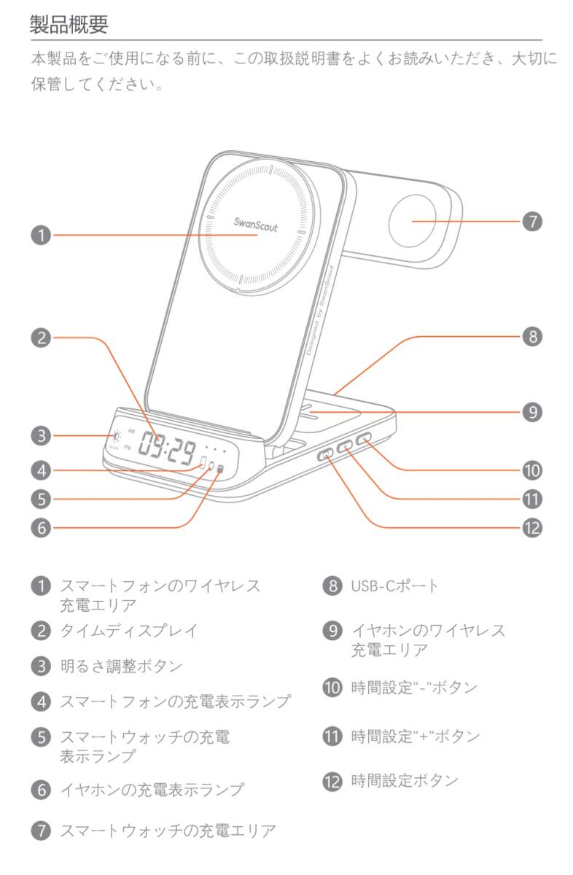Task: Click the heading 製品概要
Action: pos(69,25)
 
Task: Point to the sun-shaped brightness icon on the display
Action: pos(116,437)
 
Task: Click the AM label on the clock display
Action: pos(131,432)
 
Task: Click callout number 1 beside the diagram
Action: pos(40,236)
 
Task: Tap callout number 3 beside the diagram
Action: pos(40,437)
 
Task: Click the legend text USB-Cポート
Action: pos(394,586)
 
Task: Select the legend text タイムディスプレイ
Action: pos(128,631)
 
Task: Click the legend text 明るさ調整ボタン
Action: pos(120,666)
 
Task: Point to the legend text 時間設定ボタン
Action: pos(404,781)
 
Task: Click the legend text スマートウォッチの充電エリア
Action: pos(168,830)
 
